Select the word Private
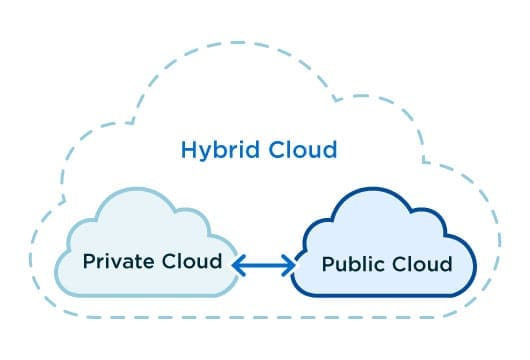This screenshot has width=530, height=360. pyautogui.click(x=115, y=262)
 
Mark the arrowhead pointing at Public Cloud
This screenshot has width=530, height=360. pyautogui.click(x=289, y=265)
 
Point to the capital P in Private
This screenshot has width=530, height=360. pyautogui.click(x=89, y=261)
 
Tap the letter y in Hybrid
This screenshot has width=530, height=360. pyautogui.click(x=203, y=153)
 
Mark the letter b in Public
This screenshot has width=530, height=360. pyautogui.click(x=352, y=265)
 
